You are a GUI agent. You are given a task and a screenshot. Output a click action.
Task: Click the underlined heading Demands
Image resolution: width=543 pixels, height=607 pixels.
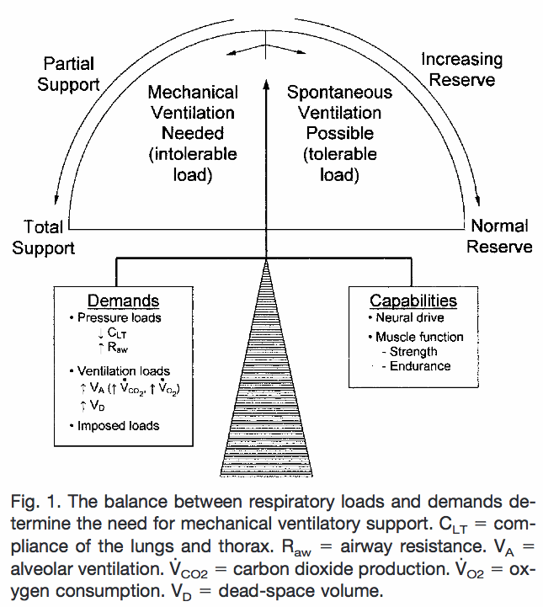coord(124,301)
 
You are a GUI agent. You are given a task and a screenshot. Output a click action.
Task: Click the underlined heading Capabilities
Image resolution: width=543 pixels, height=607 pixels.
coord(413,301)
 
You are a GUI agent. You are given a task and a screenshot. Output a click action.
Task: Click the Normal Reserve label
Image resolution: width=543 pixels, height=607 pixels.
coord(499,236)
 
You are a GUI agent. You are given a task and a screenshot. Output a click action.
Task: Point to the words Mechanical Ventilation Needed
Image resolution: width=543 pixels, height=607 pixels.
coord(192,112)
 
